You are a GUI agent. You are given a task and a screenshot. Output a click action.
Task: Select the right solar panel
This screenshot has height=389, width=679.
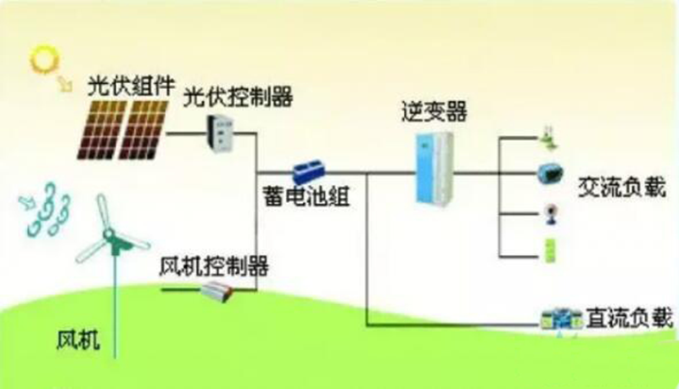(146, 129)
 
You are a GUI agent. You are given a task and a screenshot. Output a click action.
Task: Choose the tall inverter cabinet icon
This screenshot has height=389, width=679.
(434, 166)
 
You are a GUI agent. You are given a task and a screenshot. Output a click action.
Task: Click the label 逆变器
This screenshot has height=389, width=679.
(435, 111)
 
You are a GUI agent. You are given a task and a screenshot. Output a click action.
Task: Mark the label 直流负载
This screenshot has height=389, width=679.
(629, 320)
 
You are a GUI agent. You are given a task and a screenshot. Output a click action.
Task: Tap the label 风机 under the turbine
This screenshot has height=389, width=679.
(79, 342)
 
